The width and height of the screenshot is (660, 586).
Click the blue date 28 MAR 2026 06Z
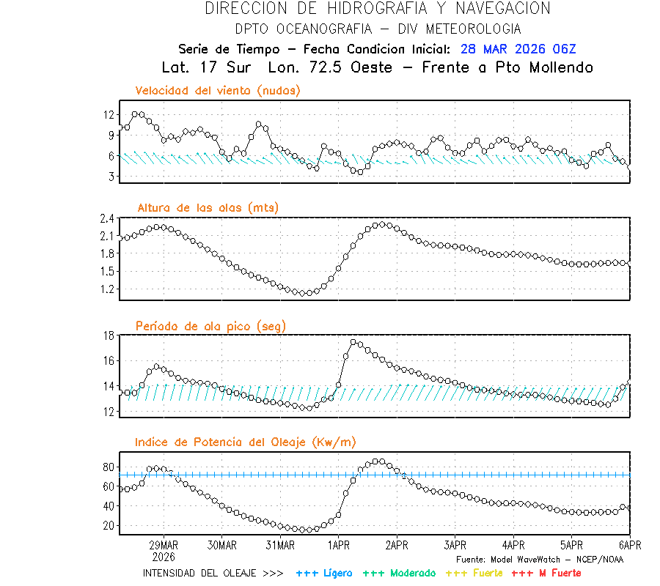coord(518,49)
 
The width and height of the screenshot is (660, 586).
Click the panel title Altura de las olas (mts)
coord(208,208)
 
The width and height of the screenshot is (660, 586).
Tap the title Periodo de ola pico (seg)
coord(210,325)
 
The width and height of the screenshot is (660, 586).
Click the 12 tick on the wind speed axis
coord(109,115)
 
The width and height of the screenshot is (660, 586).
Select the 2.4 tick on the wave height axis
coord(107,218)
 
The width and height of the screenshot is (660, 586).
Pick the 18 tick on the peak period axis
coord(109,335)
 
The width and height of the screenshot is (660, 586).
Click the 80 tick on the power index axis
coord(109,467)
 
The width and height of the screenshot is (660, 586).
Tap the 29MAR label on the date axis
coord(164,545)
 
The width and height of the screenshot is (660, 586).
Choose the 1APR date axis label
coord(338,545)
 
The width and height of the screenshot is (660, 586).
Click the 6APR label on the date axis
coord(630,545)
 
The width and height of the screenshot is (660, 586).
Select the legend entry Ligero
coord(324,573)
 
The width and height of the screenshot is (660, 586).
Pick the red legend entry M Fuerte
coord(546,573)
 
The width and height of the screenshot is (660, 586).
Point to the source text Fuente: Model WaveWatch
coord(540,559)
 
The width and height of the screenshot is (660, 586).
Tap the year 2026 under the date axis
coord(164,556)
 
